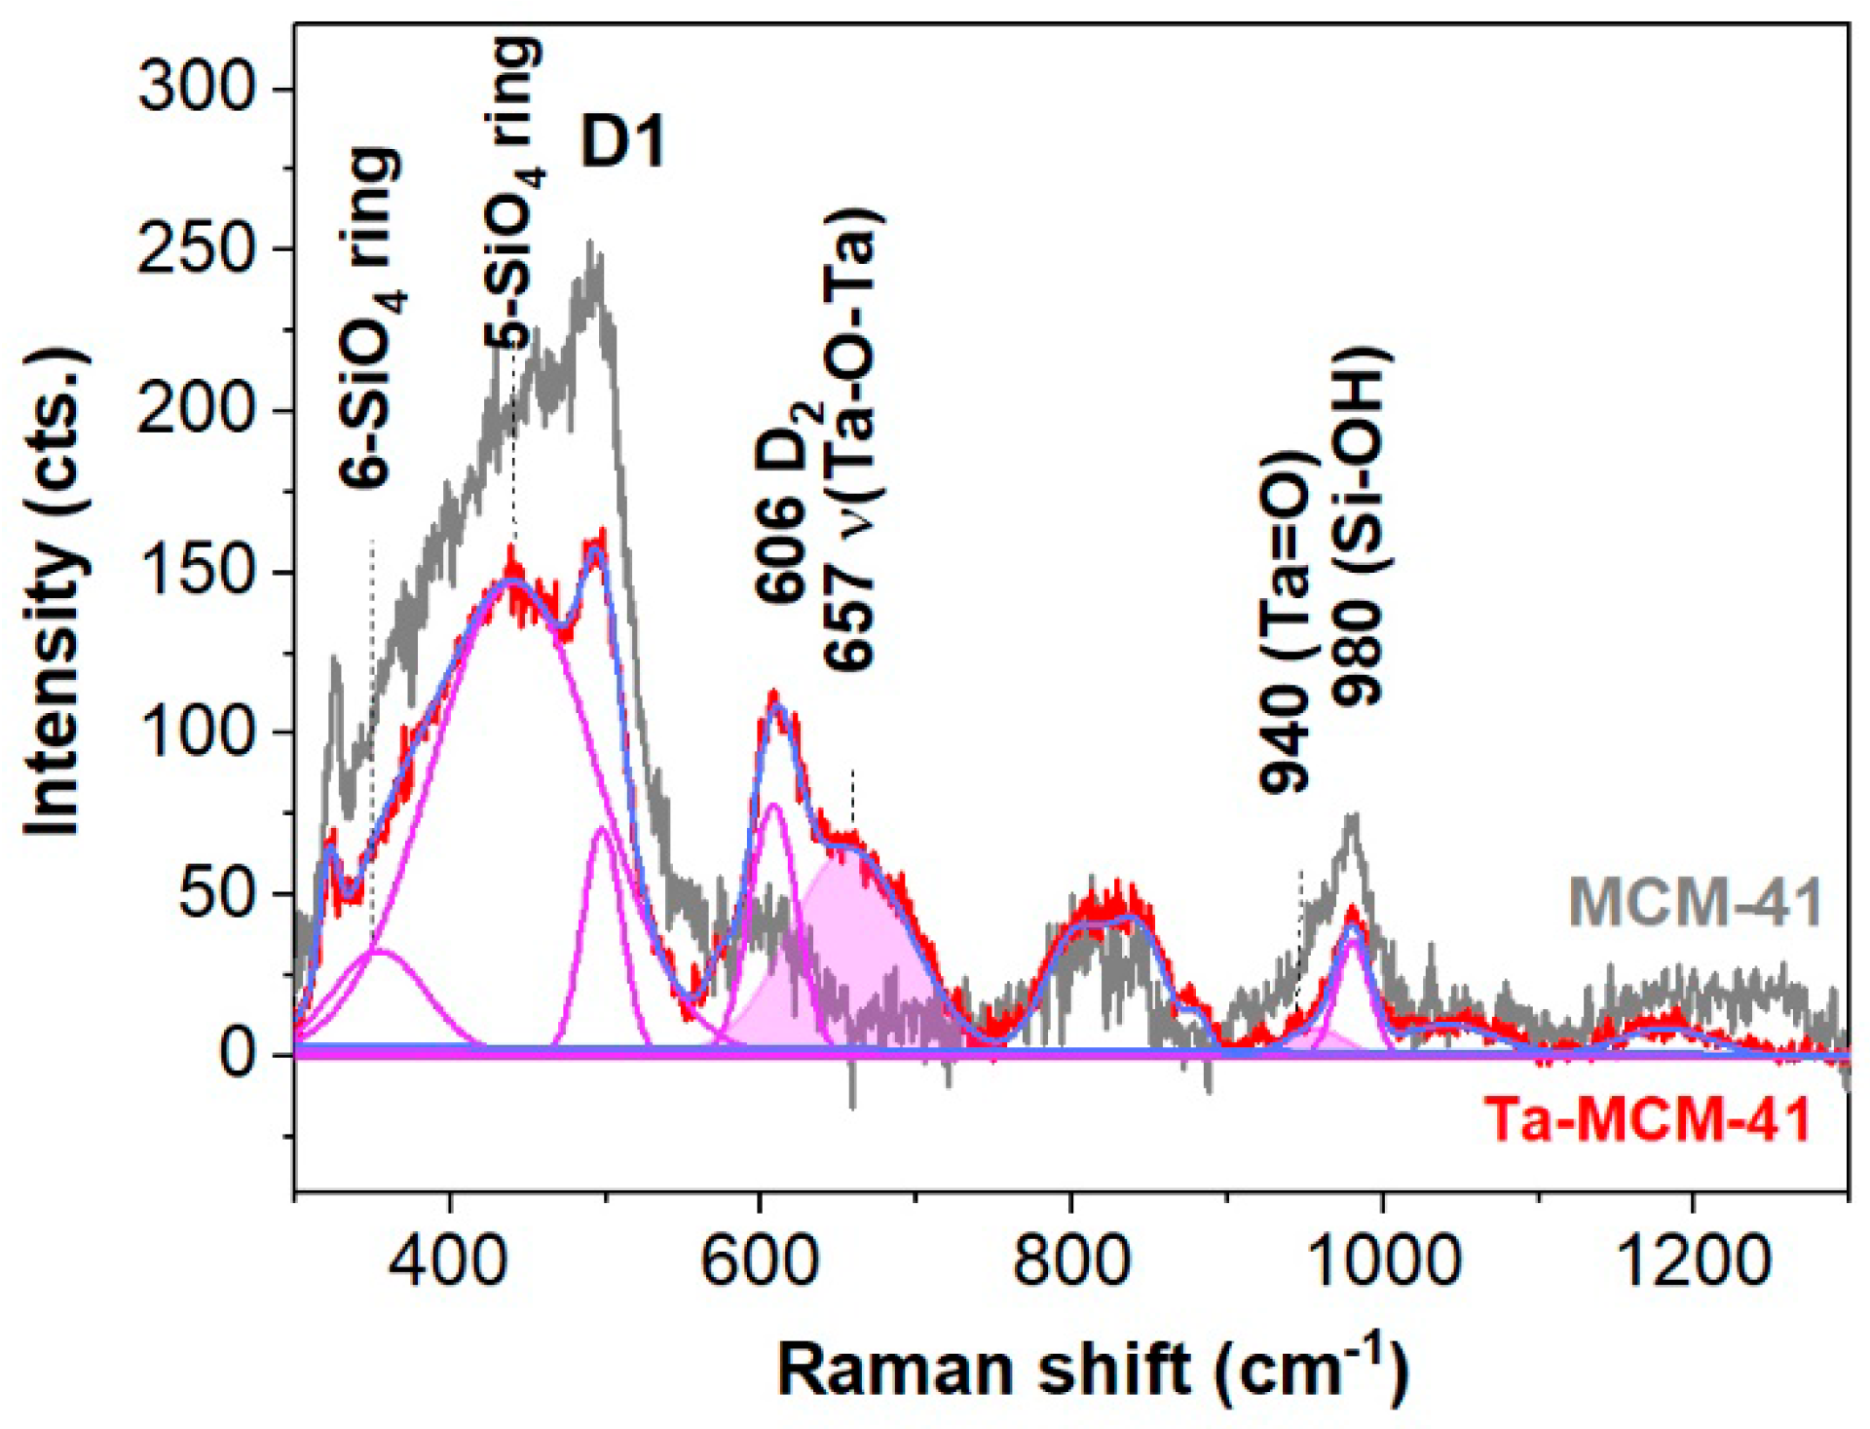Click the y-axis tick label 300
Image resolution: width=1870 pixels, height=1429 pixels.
tap(195, 88)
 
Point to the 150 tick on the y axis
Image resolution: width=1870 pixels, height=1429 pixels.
tap(195, 571)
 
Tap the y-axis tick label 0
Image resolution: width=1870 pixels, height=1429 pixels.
tap(237, 1054)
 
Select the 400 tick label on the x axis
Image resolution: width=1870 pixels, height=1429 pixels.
tap(449, 1260)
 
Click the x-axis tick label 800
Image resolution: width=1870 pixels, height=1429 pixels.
tap(1070, 1260)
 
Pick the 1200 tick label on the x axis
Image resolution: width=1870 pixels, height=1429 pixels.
tap(1692, 1260)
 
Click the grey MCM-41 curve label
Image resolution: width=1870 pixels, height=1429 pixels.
tap(1695, 902)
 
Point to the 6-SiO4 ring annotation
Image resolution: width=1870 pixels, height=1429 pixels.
tap(372, 317)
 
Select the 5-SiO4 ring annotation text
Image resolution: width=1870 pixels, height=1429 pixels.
tap(514, 195)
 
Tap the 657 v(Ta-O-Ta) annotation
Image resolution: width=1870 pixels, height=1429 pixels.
tap(850, 438)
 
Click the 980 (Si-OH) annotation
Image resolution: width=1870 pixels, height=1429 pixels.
tap(1360, 526)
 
